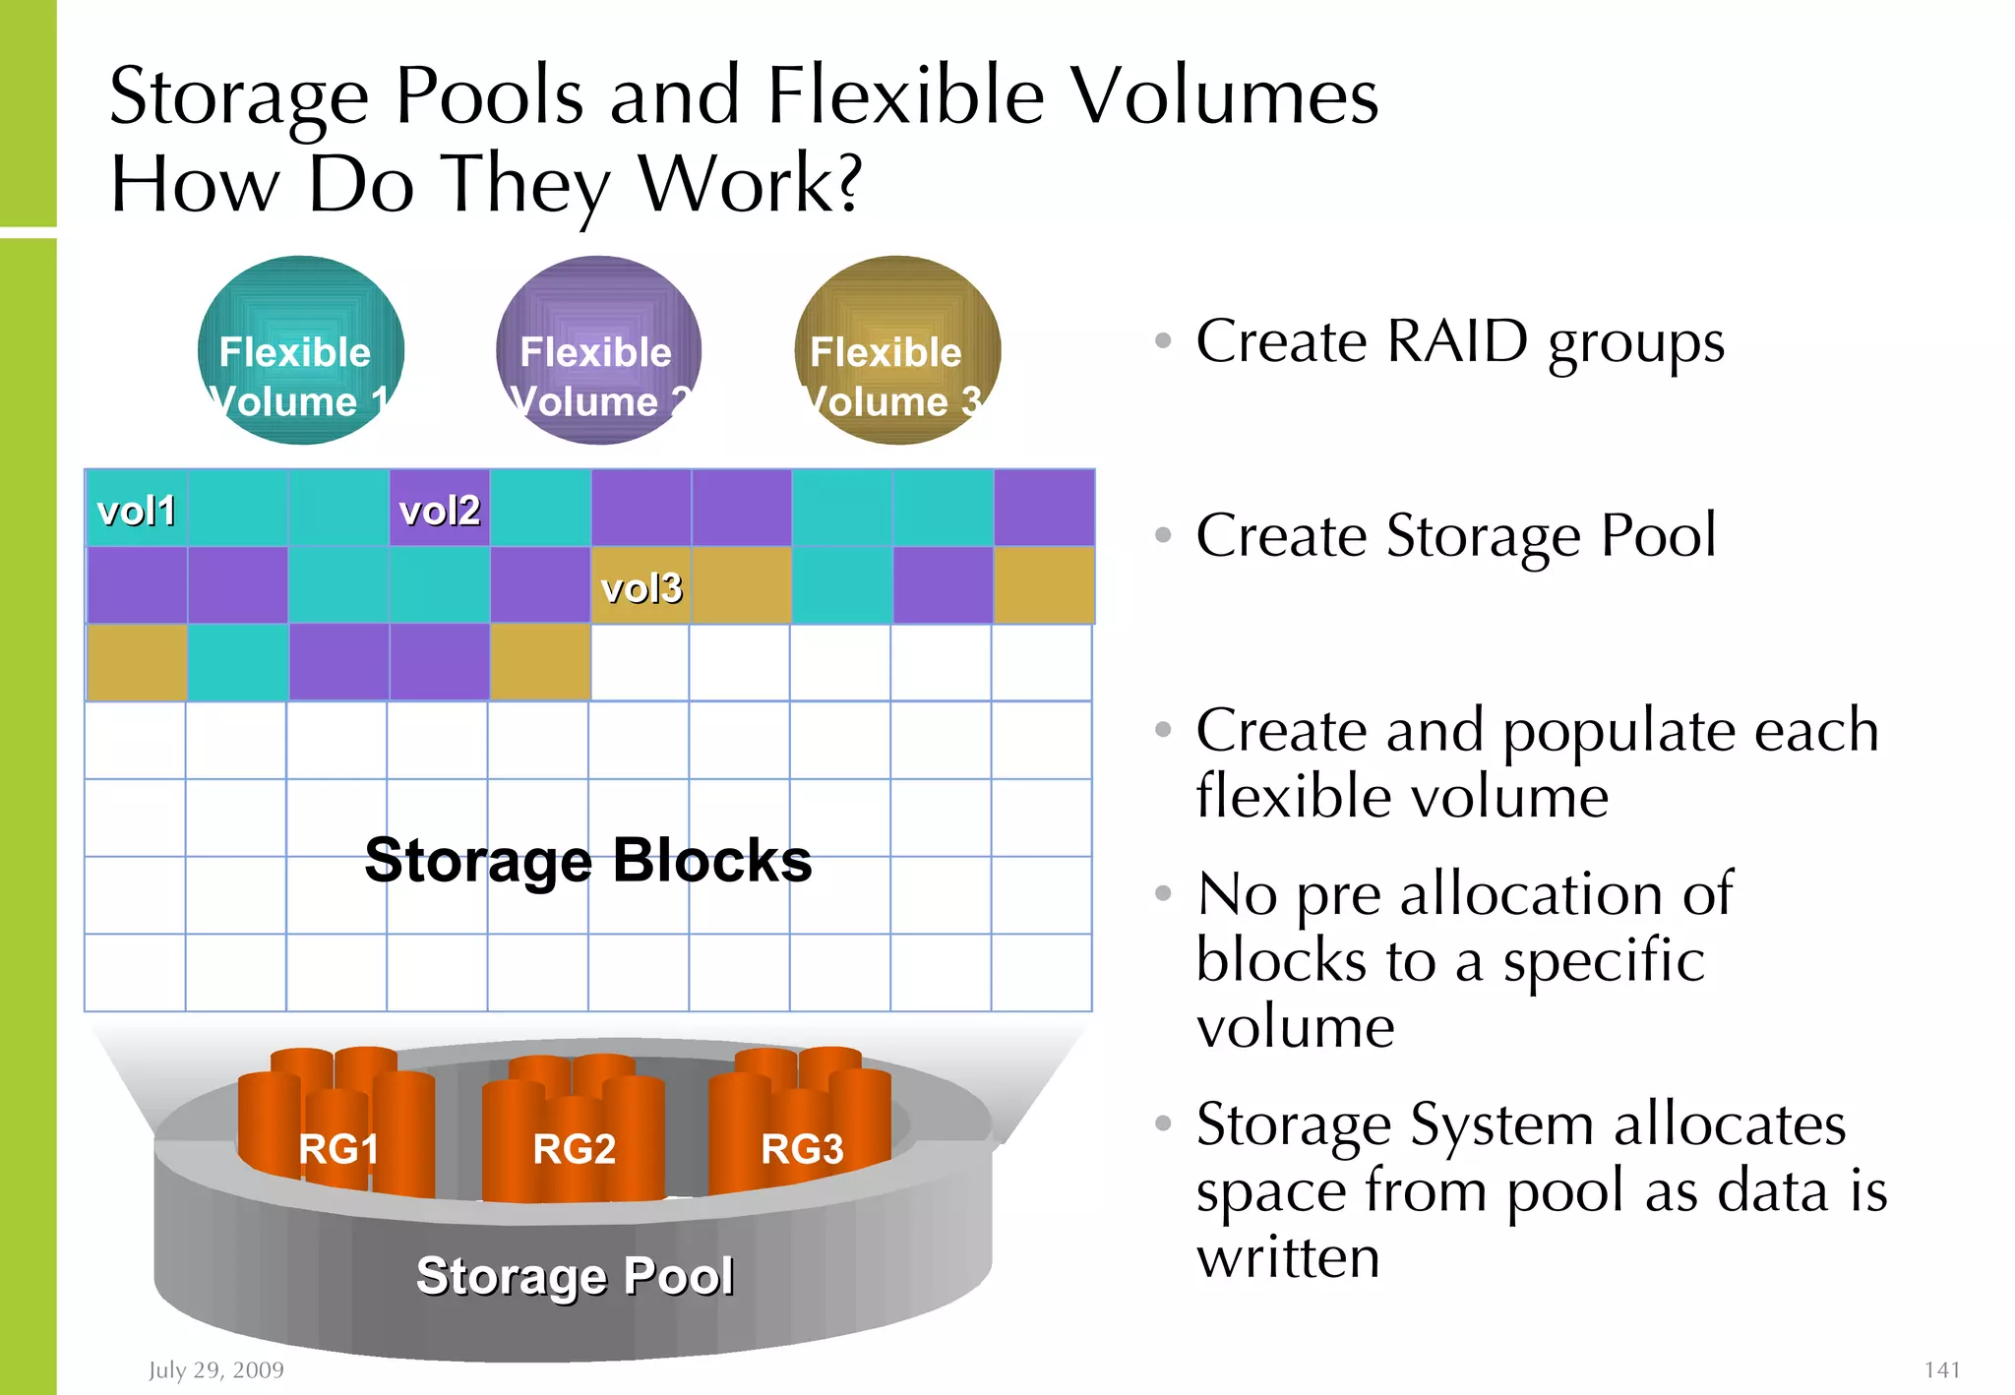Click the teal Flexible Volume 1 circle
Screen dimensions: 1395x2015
click(x=300, y=351)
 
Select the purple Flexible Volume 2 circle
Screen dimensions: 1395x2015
click(x=598, y=351)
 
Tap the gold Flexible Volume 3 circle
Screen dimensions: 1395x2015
click(x=896, y=351)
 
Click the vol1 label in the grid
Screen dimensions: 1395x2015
click(x=137, y=511)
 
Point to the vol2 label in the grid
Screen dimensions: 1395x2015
click(x=440, y=511)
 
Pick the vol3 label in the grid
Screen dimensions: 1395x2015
click(x=641, y=588)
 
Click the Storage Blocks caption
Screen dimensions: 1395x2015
click(x=588, y=860)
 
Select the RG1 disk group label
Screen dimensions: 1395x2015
click(x=338, y=1148)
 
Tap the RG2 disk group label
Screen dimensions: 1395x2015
click(x=575, y=1148)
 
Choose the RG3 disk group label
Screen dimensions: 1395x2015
click(x=802, y=1148)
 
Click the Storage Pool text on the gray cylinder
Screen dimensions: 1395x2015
click(x=575, y=1276)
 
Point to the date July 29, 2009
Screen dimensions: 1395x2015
click(x=216, y=1369)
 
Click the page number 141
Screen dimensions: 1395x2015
click(x=1942, y=1369)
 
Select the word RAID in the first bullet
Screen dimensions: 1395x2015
click(x=1457, y=341)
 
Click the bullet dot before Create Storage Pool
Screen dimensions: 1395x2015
click(x=1163, y=535)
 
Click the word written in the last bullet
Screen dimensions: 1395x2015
click(x=1288, y=1257)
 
